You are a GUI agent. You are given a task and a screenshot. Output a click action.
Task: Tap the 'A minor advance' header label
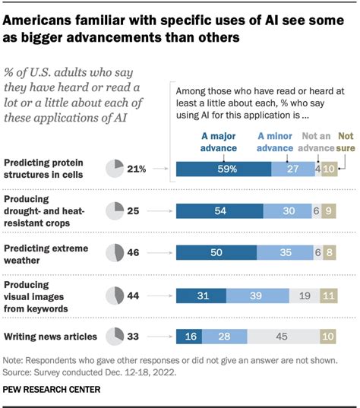(x=276, y=141)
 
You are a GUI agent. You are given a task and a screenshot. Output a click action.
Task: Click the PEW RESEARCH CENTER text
(x=52, y=390)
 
